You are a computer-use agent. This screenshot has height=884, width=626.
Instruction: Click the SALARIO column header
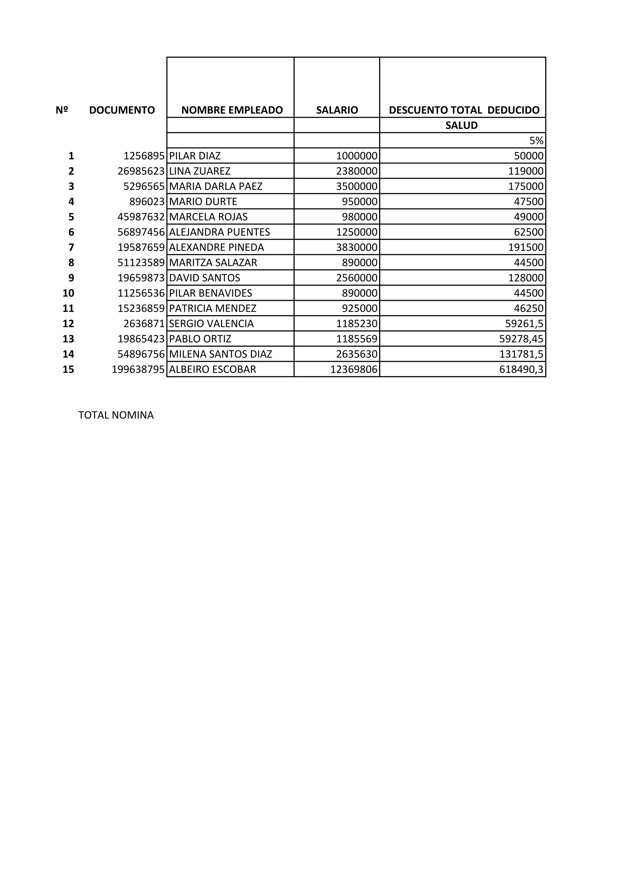coord(337,110)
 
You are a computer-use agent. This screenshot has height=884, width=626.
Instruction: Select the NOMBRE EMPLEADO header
coord(232,110)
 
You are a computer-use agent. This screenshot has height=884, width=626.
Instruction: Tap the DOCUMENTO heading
coord(122,110)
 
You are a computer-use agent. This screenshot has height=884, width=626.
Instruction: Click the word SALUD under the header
coord(462,125)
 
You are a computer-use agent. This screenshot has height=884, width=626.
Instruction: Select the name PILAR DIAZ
coord(195,156)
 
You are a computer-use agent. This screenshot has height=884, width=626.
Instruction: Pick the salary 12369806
coord(353,370)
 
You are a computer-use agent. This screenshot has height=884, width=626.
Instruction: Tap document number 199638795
coord(138,370)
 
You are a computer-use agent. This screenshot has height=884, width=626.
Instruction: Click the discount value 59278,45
coord(521,339)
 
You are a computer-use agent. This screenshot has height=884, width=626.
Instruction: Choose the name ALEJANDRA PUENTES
coord(219,232)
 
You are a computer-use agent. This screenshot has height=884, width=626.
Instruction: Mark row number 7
coord(71,248)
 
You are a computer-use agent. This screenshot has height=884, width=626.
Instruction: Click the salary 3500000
coord(357,186)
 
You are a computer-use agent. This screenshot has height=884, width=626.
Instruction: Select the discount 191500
coord(526,248)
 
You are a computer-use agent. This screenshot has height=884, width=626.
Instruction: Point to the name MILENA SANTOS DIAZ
coord(220,354)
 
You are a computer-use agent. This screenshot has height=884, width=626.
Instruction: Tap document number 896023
coord(147,202)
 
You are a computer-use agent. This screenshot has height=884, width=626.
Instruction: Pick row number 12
coord(68,324)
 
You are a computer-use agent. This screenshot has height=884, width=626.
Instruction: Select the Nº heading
coord(62,110)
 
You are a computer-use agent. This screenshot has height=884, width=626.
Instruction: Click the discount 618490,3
coord(521,370)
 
